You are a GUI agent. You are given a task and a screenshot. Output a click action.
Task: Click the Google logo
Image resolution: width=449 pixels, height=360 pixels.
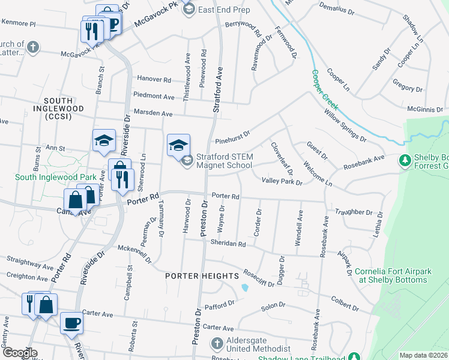[19, 352]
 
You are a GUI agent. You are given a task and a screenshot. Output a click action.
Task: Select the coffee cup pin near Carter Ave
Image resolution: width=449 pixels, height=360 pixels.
[71, 322]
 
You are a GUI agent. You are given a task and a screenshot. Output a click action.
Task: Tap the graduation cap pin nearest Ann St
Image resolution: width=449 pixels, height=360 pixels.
[103, 140]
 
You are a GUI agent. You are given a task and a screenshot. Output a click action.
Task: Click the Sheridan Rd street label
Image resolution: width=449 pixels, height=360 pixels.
[228, 244]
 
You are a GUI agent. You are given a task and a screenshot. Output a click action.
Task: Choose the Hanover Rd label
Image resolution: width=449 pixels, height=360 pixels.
[154, 79]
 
